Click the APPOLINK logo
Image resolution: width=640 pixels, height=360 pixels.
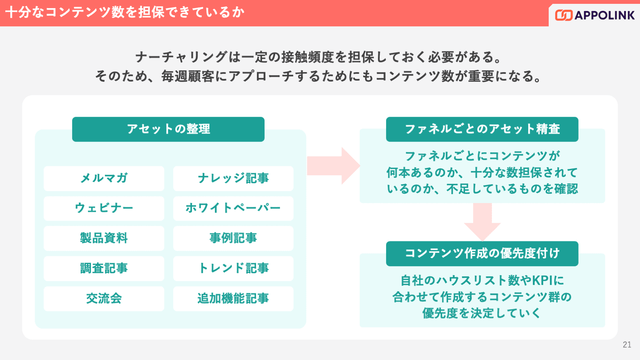click(x=595, y=15)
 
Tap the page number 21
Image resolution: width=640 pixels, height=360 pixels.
click(x=627, y=345)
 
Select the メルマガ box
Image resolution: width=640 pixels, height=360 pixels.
click(x=104, y=178)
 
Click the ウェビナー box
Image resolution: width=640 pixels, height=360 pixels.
click(x=104, y=208)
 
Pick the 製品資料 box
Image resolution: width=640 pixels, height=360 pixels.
click(x=104, y=238)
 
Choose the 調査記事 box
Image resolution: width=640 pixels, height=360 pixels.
click(x=104, y=268)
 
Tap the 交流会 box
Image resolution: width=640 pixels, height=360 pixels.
click(x=104, y=299)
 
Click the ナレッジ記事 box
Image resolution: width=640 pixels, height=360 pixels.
click(x=233, y=178)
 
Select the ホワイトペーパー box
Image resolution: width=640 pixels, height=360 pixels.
click(x=233, y=208)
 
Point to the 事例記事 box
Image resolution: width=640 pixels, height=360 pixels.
click(x=233, y=238)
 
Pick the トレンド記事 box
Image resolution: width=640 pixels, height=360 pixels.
click(x=233, y=268)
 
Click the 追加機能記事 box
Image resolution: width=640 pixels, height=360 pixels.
click(x=233, y=299)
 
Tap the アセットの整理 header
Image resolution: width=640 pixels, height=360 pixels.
click(x=168, y=129)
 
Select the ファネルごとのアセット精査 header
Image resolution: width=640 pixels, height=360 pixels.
click(x=482, y=129)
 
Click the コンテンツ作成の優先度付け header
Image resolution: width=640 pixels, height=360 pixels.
click(x=482, y=254)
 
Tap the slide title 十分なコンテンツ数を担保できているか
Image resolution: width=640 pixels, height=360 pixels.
click(x=125, y=12)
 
